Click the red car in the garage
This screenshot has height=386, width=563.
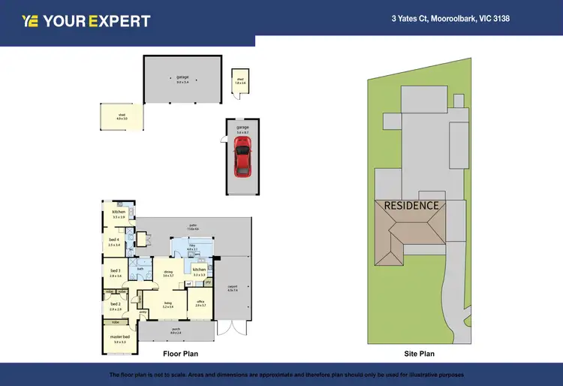coord(242,160)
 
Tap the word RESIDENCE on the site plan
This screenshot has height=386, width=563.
coord(411,205)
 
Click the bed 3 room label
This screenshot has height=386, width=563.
coord(116,273)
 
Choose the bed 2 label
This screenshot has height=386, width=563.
coord(116,306)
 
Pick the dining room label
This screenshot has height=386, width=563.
coord(167,273)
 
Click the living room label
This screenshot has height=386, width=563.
coord(167,304)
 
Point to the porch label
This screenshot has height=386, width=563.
coord(176,330)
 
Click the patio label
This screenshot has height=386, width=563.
coord(192,227)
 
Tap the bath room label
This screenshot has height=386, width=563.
coord(140,269)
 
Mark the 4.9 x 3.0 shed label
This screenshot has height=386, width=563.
coord(122,117)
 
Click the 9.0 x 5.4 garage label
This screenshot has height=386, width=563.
coord(182,79)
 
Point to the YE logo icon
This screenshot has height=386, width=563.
coord(31,21)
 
